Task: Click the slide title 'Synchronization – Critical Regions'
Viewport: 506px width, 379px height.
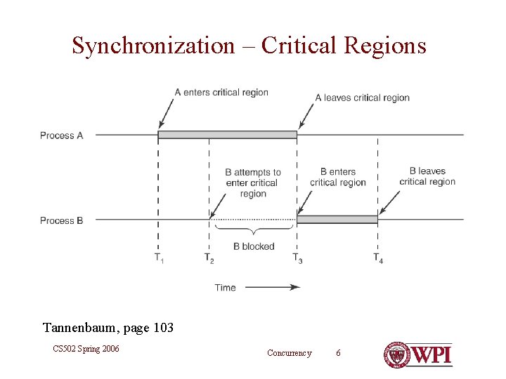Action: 249,46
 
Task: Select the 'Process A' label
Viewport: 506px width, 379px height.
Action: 62,135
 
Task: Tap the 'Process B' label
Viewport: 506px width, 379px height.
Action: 62,220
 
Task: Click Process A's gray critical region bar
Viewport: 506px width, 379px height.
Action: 228,134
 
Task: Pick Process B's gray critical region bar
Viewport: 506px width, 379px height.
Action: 337,220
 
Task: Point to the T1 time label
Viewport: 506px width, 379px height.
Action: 160,258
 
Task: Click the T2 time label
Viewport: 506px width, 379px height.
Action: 209,258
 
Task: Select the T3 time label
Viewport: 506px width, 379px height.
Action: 298,258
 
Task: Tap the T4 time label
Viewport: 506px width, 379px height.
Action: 378,258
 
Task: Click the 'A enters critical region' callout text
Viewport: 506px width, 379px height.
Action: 221,92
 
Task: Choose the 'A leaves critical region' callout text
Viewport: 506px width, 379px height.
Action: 362,98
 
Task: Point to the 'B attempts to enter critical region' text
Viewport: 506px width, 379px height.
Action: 252,182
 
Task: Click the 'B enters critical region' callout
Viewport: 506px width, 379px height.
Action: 338,177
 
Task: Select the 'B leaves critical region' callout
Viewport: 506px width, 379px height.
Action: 427,176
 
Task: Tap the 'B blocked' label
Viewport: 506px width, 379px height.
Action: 254,246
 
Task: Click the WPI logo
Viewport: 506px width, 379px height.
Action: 417,354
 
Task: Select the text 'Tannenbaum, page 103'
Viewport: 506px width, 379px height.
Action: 108,328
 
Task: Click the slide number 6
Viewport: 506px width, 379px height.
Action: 338,352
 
